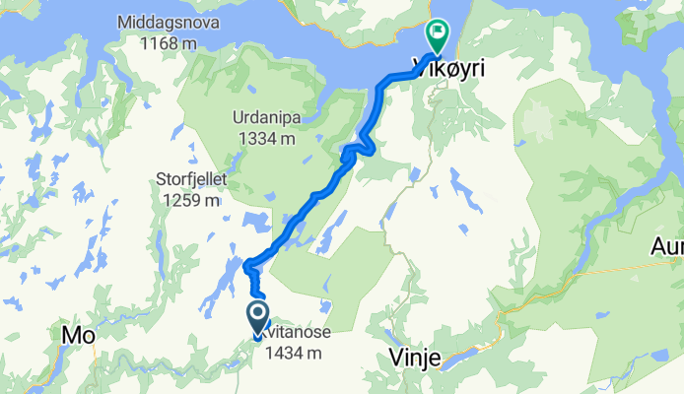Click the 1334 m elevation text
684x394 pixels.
click(x=266, y=139)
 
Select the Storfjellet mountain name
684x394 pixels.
click(x=192, y=180)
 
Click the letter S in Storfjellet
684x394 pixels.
click(x=160, y=180)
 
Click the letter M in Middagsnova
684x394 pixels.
click(x=123, y=22)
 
